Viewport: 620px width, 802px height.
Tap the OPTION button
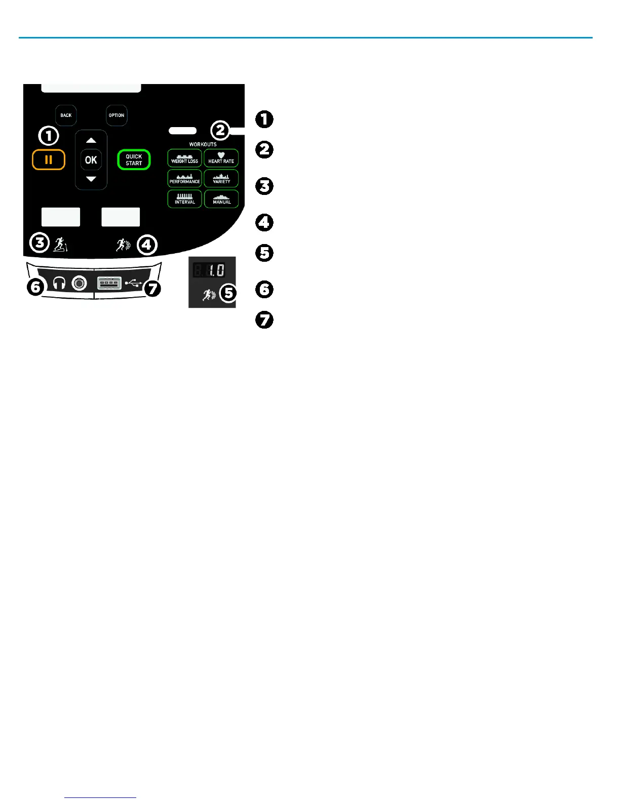117,115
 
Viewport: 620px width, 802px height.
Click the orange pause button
49,160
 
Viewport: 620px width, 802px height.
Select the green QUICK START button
134,160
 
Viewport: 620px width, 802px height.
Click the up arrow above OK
91,140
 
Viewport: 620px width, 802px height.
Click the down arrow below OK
91,179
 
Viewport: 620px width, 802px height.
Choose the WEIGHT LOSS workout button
184,158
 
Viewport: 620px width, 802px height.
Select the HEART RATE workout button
221,158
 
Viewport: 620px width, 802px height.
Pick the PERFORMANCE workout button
184,179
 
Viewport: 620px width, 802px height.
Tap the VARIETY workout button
221,179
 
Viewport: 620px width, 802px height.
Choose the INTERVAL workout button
184,199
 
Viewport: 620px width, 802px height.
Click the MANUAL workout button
221,199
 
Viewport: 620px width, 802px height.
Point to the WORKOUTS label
203,144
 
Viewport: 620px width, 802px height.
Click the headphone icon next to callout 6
59,284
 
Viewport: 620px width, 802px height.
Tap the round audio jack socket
79,284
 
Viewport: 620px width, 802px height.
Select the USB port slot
109,283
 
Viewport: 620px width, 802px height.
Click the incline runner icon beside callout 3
60,244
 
